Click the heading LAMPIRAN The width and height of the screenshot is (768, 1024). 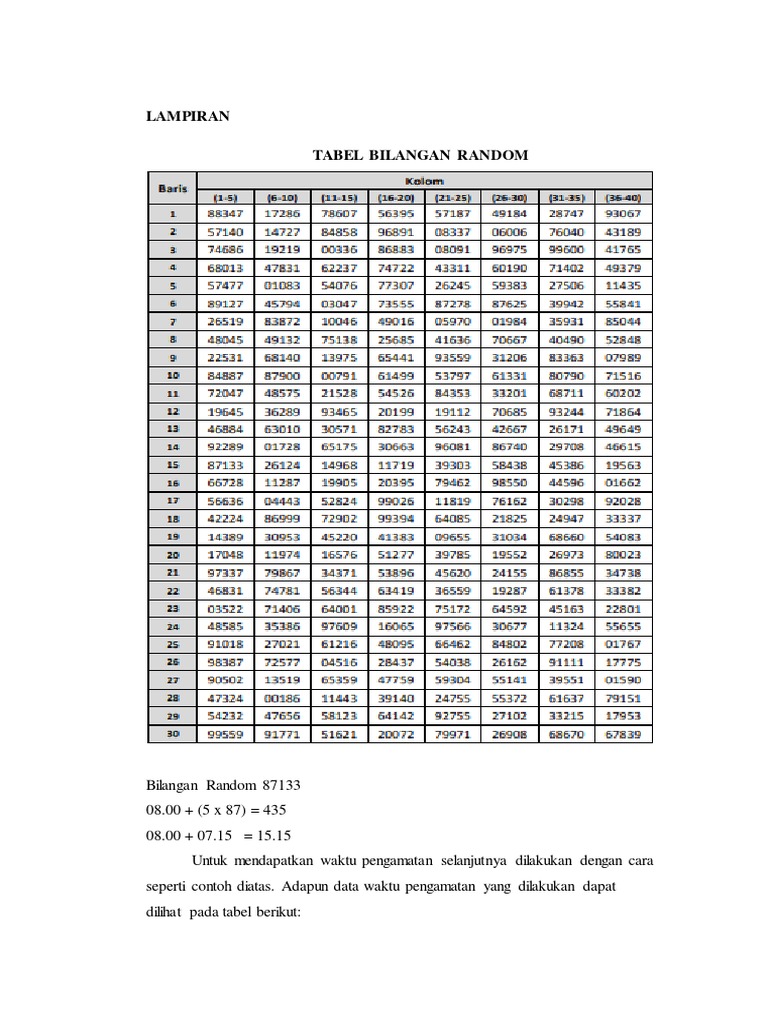tap(188, 117)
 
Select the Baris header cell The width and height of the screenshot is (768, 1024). tap(172, 188)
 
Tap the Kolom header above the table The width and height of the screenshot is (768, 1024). tap(424, 181)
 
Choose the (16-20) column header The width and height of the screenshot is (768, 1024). tap(397, 198)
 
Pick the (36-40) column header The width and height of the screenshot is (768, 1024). tap(623, 198)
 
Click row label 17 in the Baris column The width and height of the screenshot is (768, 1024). tap(172, 500)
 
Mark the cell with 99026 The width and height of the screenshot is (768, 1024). tap(397, 500)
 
